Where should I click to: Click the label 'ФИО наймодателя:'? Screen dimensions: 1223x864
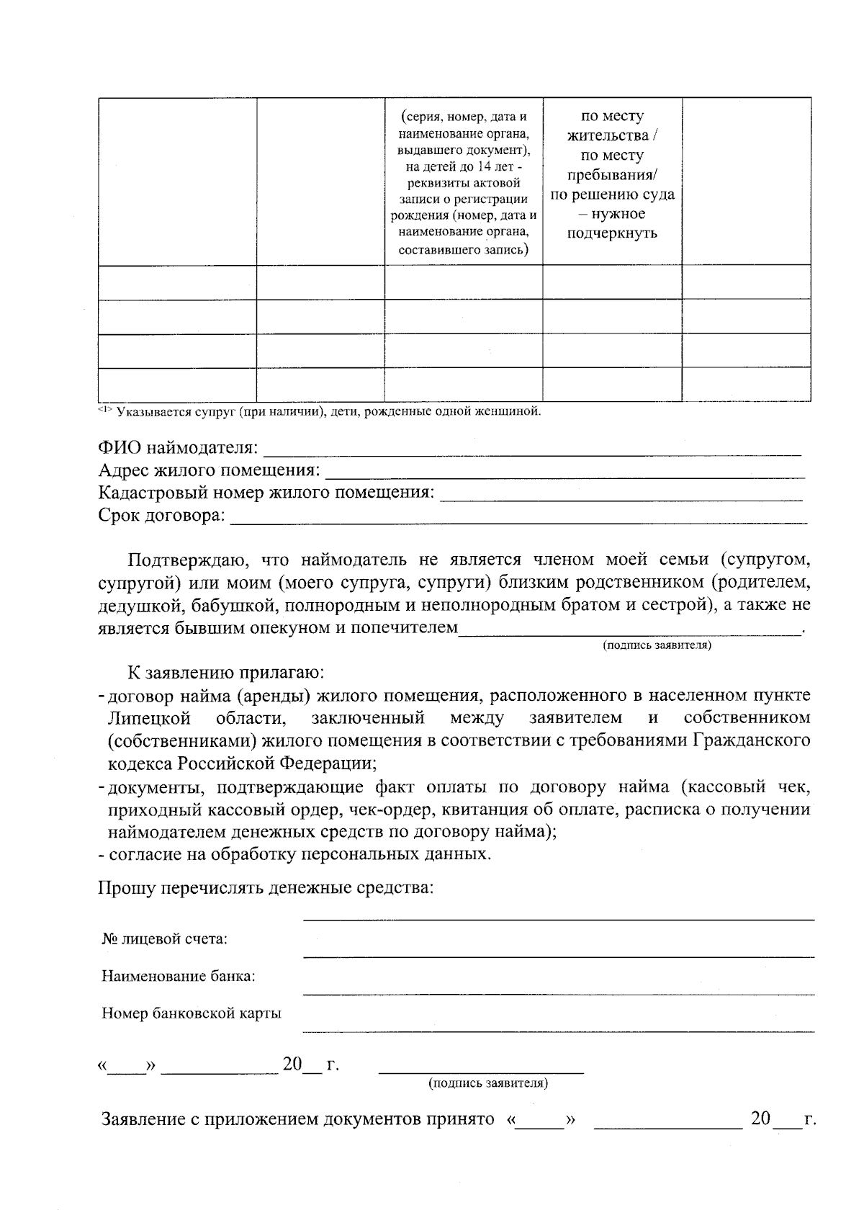[x=178, y=449]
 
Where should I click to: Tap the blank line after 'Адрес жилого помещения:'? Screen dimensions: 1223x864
[x=565, y=476]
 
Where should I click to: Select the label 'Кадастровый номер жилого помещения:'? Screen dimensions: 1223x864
[x=266, y=493]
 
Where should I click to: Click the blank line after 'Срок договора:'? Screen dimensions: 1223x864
[x=518, y=521]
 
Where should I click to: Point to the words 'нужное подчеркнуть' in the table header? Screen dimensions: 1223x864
[x=612, y=224]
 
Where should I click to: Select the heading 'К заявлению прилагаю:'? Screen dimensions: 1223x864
[x=226, y=673]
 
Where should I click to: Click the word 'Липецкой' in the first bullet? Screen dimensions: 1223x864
[x=149, y=718]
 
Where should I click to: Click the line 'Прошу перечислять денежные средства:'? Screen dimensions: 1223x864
[x=266, y=887]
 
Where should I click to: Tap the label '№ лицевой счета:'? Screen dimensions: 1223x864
[x=165, y=939]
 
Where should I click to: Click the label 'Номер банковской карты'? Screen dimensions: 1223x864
[x=191, y=1013]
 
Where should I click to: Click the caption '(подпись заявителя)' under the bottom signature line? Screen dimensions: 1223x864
[x=487, y=1083]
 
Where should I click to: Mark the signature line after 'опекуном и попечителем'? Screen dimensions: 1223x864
[x=630, y=633]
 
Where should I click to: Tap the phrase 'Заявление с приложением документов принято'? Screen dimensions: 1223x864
[x=297, y=1120]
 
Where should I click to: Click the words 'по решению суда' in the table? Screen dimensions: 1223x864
[x=612, y=194]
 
